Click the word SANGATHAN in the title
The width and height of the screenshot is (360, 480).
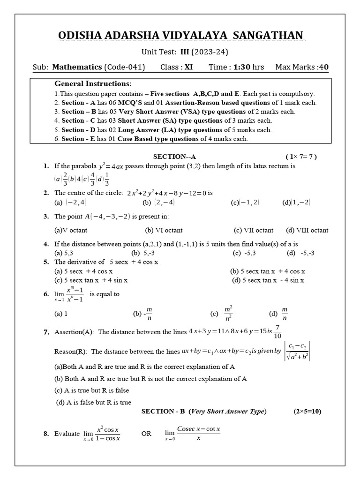pos(269,35)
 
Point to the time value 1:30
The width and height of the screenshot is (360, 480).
pos(241,67)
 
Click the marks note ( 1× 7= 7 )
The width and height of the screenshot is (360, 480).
pos(301,157)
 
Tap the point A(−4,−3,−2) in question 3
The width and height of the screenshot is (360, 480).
pos(107,216)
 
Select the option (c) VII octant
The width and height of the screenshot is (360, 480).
pos(253,230)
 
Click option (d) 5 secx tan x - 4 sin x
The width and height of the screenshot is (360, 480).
pos(268,280)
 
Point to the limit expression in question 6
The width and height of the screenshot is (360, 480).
pos(69,295)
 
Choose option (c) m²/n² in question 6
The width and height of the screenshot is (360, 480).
pos(224,313)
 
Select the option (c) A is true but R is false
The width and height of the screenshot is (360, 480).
pos(92,390)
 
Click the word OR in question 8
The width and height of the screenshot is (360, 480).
pos(146,434)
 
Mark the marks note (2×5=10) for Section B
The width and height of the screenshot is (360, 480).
pos(307,411)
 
